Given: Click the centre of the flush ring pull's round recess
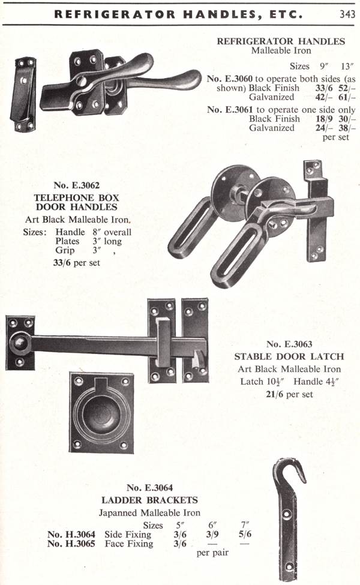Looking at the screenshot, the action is pyautogui.click(x=101, y=414).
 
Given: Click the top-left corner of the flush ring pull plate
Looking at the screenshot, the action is pyautogui.click(x=70, y=373).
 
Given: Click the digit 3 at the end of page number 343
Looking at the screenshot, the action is pyautogui.click(x=352, y=14).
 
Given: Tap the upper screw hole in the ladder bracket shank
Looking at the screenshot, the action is pyautogui.click(x=287, y=514).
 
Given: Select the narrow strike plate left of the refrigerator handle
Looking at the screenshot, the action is pyautogui.click(x=25, y=94).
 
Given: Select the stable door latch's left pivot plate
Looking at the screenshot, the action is pyautogui.click(x=20, y=343).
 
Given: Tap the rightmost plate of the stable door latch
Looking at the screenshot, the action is pyautogui.click(x=195, y=340).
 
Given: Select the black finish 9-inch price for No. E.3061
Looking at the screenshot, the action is pyautogui.click(x=323, y=119).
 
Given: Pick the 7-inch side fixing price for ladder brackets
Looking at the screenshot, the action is pyautogui.click(x=245, y=534).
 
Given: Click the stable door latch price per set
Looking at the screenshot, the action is pyautogui.click(x=289, y=394).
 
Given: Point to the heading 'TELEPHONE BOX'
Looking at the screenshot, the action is pyautogui.click(x=76, y=198).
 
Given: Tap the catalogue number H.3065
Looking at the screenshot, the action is pyautogui.click(x=71, y=544).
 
